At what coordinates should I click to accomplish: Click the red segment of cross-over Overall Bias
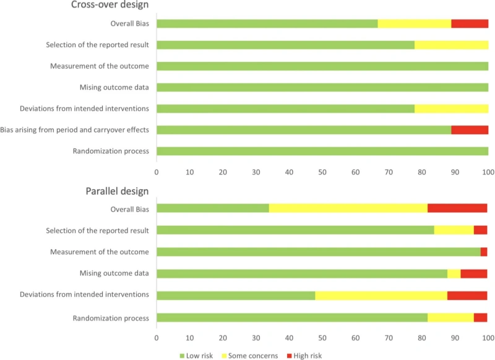point(470,24)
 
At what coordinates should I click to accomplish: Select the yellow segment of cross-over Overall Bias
point(415,24)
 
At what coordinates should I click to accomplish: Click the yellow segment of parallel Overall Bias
point(348,208)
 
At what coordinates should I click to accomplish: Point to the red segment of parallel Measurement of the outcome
point(484,252)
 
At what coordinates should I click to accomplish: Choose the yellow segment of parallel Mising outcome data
point(454,273)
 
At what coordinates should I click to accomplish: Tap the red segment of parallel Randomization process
point(481,318)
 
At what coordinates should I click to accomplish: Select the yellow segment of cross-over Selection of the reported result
point(451,45)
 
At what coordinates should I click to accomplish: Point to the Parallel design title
point(117,191)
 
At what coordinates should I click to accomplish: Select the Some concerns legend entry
point(249,356)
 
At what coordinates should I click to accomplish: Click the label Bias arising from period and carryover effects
point(75,130)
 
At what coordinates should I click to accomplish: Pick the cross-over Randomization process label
point(111,152)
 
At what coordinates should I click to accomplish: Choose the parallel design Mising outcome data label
point(114,273)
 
